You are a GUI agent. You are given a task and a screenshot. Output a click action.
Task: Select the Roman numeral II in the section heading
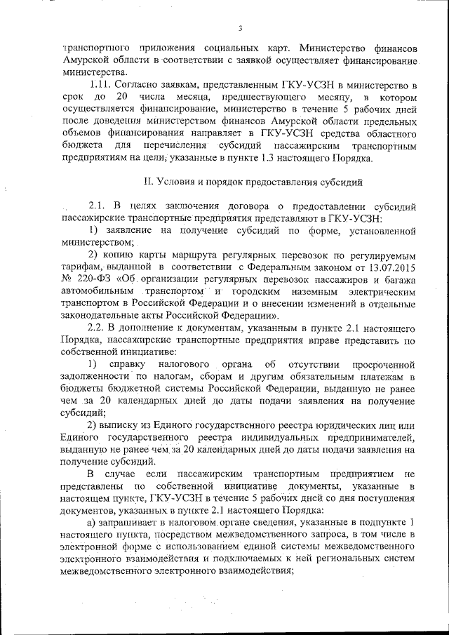pos(148,182)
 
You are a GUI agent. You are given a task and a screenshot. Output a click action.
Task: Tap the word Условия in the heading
pos(177,182)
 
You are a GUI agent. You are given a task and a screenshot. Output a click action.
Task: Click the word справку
pos(129,363)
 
